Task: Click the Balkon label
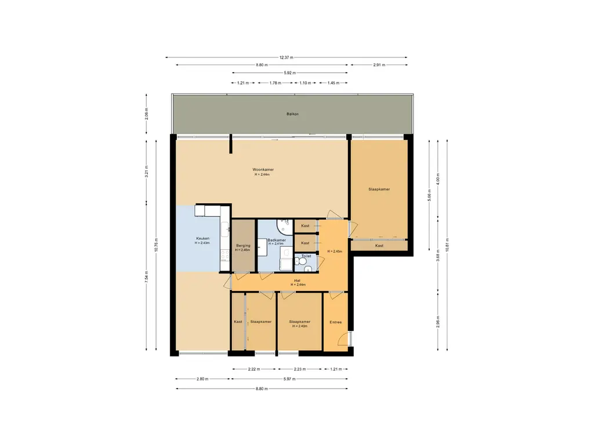[292, 114]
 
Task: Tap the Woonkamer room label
[263, 170]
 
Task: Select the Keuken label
[202, 239]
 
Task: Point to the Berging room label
[243, 246]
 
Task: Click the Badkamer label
[277, 240]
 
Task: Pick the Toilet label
[306, 256]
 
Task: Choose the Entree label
[336, 322]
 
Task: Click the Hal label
[297, 280]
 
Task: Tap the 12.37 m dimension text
[287, 57]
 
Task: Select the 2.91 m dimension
[379, 65]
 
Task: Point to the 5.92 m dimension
[290, 73]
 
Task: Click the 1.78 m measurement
[276, 82]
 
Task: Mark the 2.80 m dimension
[202, 379]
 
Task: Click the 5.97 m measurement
[289, 379]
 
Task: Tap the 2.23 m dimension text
[300, 369]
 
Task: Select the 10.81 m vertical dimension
[447, 244]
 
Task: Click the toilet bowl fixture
[302, 261]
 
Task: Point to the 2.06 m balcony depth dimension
[147, 114]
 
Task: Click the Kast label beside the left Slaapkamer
[238, 322]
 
